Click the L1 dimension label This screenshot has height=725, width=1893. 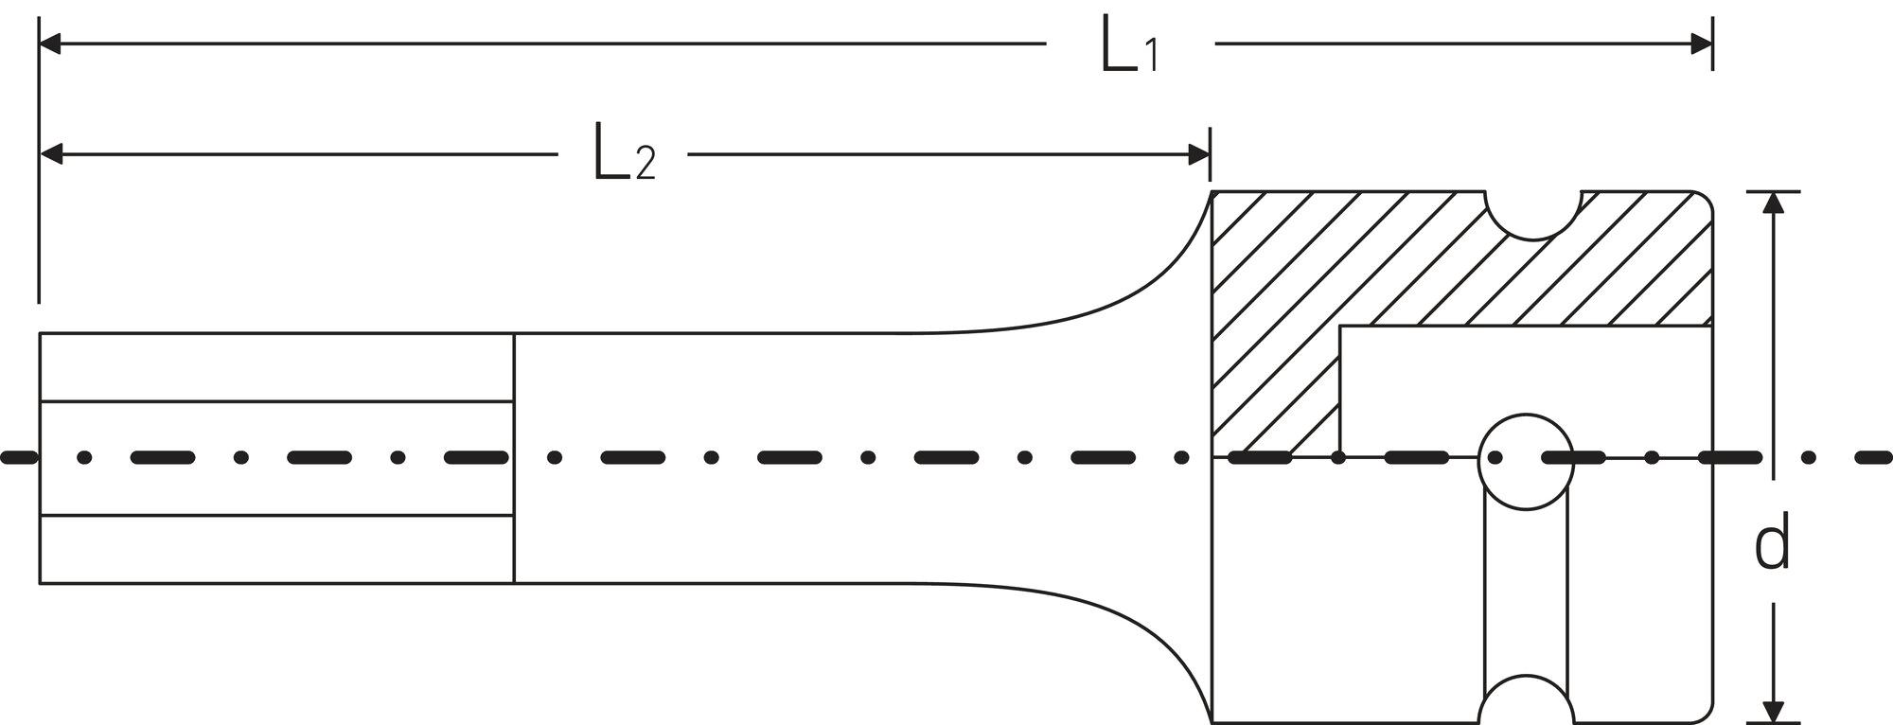1129,45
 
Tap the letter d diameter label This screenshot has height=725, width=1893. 1772,541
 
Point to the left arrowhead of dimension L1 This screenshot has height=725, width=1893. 50,44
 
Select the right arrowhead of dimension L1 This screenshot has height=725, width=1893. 1701,44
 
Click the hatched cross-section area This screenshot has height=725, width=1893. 1420,274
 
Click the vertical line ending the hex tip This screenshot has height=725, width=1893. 514,458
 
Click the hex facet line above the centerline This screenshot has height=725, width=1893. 276,401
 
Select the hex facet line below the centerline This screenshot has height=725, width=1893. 276,516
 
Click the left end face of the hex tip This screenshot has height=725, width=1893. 40,458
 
